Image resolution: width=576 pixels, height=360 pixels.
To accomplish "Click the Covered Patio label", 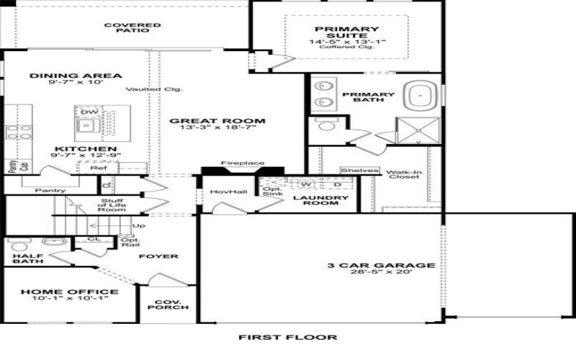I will click(132, 28).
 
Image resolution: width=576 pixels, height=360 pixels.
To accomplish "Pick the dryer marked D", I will click(336, 184).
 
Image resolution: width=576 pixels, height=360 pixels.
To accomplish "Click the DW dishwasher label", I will click(89, 112).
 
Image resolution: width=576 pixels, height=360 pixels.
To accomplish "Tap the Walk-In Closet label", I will click(403, 175).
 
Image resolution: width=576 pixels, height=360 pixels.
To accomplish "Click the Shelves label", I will click(359, 171).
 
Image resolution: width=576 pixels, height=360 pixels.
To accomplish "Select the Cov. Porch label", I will click(168, 303).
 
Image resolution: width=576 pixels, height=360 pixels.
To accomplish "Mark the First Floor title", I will click(287, 337).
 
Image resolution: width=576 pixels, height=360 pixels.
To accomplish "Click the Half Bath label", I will click(27, 258).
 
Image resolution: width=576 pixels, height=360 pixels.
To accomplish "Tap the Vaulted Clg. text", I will click(153, 89).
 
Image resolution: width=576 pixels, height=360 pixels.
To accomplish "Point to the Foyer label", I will click(158, 256).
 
